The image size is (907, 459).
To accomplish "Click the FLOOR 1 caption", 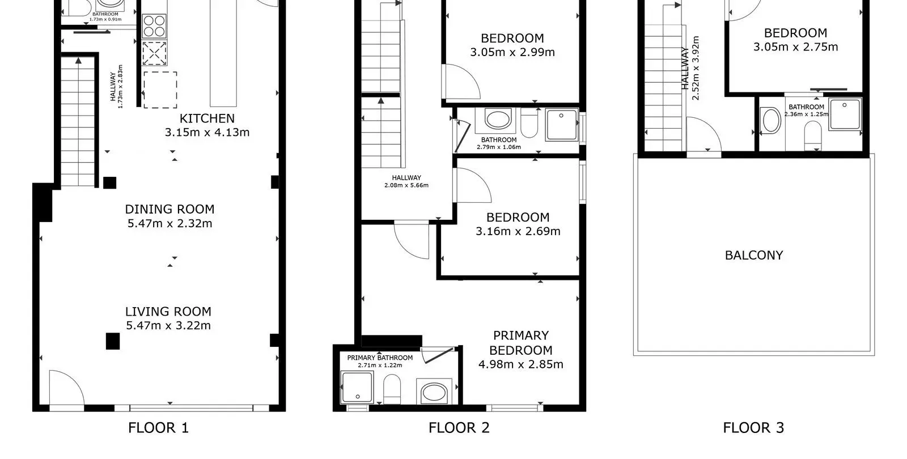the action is click(158, 428).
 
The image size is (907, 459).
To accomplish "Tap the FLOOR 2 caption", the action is click(459, 428).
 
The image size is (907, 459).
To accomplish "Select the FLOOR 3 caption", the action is click(753, 428).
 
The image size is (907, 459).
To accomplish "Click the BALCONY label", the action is click(754, 255).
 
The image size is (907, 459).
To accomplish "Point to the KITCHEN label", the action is click(207, 118).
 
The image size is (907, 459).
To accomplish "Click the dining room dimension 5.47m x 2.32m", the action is click(169, 223).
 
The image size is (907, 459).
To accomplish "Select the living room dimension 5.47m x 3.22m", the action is click(168, 325).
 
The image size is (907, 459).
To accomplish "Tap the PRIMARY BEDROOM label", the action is click(521, 343).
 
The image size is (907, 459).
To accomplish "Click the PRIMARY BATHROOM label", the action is click(380, 358).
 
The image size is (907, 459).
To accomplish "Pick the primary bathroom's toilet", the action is click(392, 389).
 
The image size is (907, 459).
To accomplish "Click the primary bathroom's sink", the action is click(434, 392).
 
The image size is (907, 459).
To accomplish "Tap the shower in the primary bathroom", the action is click(357, 388).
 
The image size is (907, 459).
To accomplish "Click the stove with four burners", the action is click(154, 26).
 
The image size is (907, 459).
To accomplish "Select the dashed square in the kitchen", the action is click(160, 90).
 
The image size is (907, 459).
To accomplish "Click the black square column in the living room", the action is click(113, 341).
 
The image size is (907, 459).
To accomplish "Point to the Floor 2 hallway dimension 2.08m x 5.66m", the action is click(406, 185).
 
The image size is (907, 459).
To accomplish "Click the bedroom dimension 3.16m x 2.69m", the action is click(518, 232).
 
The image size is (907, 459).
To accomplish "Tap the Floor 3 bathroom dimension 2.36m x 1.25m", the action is click(806, 114).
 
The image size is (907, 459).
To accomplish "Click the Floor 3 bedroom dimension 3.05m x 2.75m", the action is click(796, 47).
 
